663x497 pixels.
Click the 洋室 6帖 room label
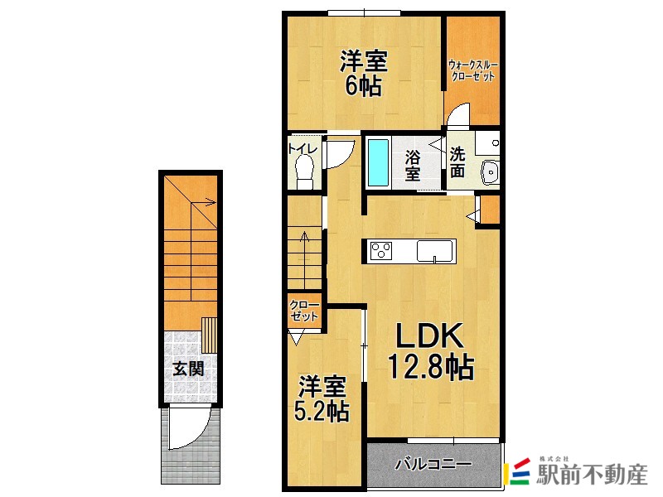363,74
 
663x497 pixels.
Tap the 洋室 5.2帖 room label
323,398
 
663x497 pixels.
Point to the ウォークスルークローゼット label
472,70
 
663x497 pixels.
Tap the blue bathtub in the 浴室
378,162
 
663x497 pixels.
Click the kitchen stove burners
383,250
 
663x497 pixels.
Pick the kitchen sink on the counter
435,250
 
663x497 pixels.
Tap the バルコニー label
433,464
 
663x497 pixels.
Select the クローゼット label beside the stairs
304,311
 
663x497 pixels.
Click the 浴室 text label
413,165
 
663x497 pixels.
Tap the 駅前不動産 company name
593,475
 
